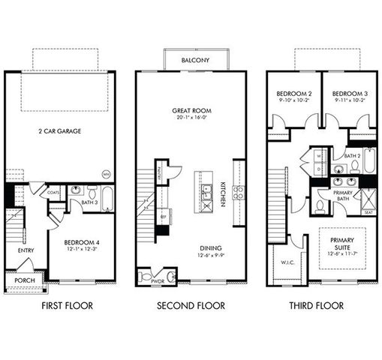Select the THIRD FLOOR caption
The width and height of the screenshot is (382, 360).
coord(316,305)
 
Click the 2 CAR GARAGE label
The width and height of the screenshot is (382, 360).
coord(60,131)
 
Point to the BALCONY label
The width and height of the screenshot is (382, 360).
coord(190,60)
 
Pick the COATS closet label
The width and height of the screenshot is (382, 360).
coord(53,192)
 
